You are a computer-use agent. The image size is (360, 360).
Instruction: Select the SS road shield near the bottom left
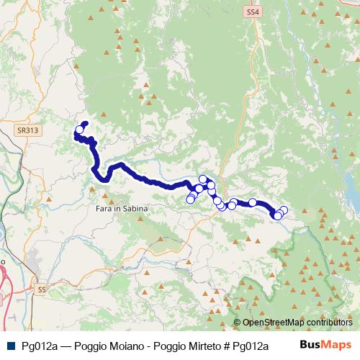(40, 289)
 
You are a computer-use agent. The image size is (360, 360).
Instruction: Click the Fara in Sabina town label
(122, 208)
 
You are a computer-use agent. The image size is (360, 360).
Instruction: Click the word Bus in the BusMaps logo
(310, 345)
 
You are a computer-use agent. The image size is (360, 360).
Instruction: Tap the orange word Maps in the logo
(336, 345)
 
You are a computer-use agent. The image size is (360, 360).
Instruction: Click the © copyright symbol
(238, 323)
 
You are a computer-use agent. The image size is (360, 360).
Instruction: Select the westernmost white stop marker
(79, 130)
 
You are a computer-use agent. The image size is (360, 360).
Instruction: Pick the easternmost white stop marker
(284, 210)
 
